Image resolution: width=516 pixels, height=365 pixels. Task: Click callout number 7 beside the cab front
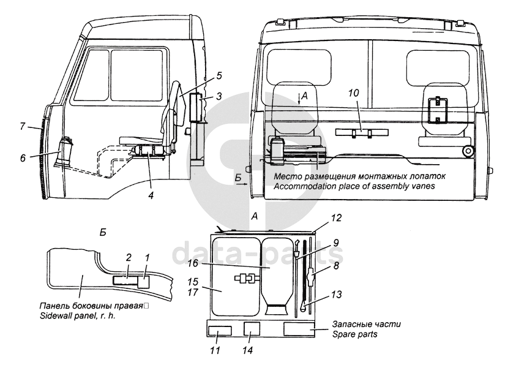point(23,126)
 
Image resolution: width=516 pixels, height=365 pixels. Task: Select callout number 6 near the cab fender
point(23,158)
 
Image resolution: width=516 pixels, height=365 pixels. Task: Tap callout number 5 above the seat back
point(219,76)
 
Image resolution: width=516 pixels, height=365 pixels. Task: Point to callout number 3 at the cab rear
point(219,96)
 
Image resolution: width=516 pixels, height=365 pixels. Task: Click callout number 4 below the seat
point(151,195)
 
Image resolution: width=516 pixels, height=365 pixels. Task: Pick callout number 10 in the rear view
point(354,93)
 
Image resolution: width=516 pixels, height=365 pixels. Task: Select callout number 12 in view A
point(336,218)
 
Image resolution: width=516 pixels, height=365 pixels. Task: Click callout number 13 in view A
point(336,294)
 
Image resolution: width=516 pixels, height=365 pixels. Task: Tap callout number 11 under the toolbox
point(215,350)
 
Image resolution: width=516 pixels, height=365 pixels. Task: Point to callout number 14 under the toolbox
point(248,350)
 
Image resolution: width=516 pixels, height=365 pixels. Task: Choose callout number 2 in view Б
point(129,257)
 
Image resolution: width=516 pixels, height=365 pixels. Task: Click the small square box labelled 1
point(144,282)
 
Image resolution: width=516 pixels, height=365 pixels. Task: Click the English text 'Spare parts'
point(355,334)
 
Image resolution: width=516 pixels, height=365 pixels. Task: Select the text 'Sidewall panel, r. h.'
point(78,316)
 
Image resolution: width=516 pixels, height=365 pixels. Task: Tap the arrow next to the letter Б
point(241,185)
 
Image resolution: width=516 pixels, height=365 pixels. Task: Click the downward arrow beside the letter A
point(299,99)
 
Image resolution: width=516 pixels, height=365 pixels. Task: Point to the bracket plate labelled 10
point(362,132)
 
